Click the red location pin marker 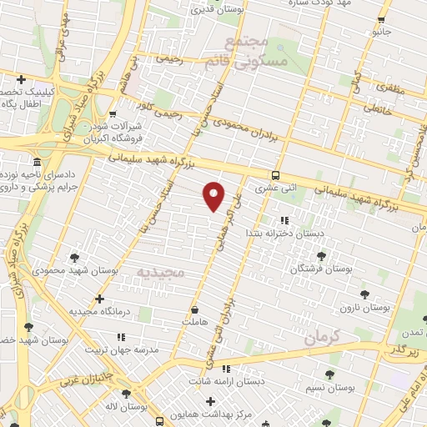214,195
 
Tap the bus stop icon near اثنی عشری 275,175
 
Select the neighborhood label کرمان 324,339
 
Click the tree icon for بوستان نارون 364,294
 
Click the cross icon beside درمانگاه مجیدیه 100,298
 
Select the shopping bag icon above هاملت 194,308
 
